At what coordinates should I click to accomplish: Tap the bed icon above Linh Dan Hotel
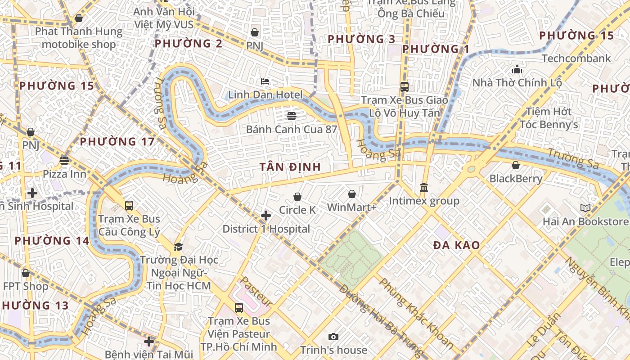[265, 81]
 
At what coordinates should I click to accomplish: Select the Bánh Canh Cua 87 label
[291, 130]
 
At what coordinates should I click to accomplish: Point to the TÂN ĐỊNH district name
[290, 167]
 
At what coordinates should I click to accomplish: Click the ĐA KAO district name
[456, 246]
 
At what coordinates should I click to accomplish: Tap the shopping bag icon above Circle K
[297, 197]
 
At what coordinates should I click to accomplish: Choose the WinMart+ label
[351, 207]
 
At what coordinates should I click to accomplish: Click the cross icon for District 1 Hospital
[266, 216]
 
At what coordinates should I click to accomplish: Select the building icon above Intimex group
[423, 187]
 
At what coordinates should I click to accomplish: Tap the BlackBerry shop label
[516, 179]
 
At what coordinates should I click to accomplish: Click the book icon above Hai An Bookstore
[585, 208]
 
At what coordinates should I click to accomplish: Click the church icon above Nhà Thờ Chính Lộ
[517, 70]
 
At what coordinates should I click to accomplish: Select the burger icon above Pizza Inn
[64, 161]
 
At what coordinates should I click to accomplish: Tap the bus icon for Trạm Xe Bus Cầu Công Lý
[129, 206]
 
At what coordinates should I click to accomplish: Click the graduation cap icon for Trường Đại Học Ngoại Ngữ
[179, 247]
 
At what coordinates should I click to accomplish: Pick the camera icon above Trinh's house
[333, 337]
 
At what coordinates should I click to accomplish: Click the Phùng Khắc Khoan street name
[416, 314]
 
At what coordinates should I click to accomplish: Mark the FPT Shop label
[26, 286]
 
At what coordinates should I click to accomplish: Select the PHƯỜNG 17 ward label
[117, 142]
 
